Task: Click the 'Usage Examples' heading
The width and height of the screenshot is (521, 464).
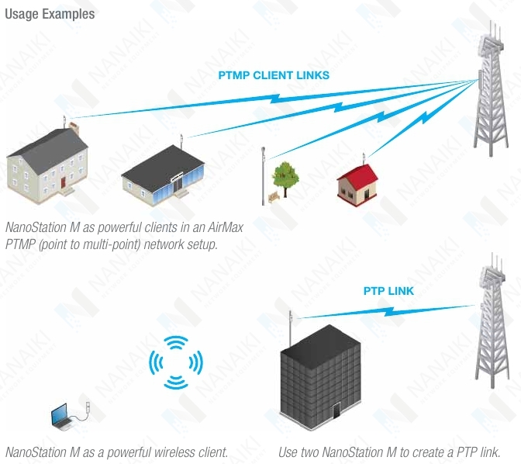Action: click(x=50, y=14)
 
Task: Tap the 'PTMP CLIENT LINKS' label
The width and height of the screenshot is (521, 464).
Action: click(x=274, y=75)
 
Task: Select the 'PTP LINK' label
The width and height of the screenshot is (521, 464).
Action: click(x=388, y=291)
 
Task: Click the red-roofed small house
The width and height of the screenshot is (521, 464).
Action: click(x=357, y=185)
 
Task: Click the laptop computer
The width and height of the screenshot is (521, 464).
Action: click(x=61, y=415)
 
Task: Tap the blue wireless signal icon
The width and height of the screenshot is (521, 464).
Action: click(x=176, y=362)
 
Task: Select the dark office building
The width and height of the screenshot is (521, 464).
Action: click(x=320, y=378)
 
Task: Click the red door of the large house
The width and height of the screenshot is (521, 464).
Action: click(x=63, y=182)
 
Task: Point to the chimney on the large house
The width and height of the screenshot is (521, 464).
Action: click(x=74, y=128)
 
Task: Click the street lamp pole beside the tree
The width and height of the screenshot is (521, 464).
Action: click(x=263, y=175)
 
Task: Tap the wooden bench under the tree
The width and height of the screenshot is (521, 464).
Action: click(x=274, y=198)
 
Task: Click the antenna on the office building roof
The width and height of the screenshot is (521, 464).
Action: click(x=290, y=328)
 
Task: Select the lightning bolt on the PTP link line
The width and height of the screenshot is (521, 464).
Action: click(x=388, y=311)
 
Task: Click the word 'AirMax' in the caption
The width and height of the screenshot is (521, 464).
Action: click(x=226, y=227)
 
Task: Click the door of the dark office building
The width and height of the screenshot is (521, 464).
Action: click(x=336, y=410)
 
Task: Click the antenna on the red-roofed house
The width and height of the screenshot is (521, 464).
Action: click(x=364, y=158)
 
